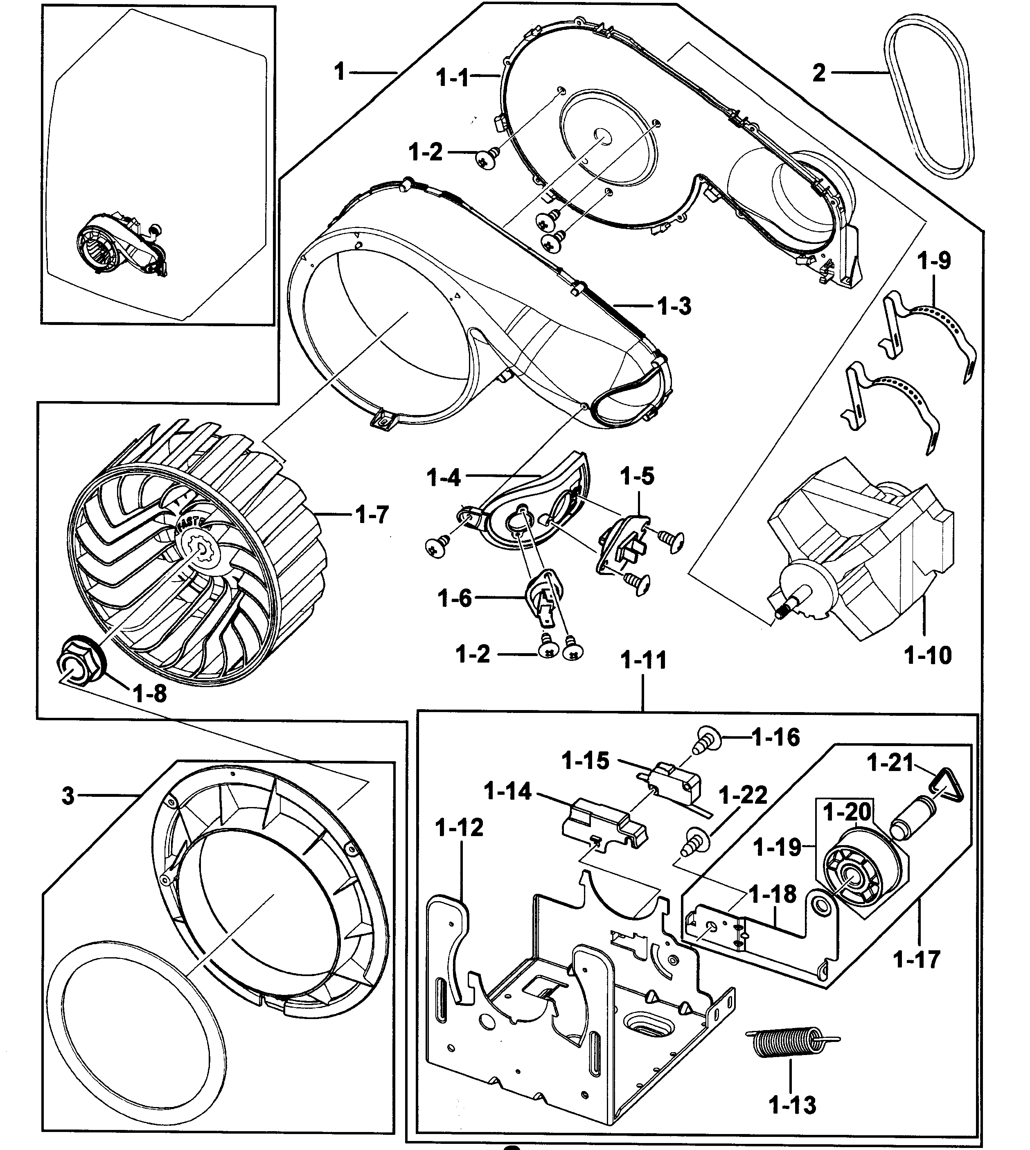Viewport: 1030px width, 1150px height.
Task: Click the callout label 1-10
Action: (928, 655)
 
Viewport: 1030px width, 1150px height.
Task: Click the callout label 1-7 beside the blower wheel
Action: (372, 514)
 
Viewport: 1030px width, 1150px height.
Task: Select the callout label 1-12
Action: (459, 828)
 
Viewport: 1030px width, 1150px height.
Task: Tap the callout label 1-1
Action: (453, 77)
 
